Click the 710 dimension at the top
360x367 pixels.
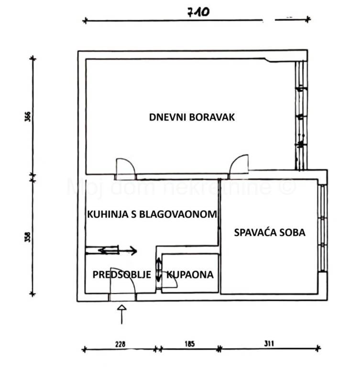tap(198, 12)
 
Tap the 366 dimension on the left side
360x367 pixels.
tap(28, 117)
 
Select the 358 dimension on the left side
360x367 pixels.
tap(28, 237)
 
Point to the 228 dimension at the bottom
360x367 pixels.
tap(120, 344)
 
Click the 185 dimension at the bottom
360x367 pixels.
tap(189, 344)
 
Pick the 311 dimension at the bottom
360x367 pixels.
tap(269, 344)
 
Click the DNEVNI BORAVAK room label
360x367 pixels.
tap(192, 117)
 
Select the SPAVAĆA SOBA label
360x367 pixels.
tap(270, 232)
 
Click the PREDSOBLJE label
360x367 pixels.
tap(122, 275)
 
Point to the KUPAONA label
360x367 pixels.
tap(190, 275)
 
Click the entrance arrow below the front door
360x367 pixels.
tap(122, 314)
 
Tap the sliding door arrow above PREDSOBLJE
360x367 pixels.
tap(118, 251)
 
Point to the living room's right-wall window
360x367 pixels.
tap(301, 115)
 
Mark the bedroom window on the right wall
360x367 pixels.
tap(323, 228)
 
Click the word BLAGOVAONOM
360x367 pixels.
tap(178, 215)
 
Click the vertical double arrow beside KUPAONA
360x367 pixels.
tap(159, 270)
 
